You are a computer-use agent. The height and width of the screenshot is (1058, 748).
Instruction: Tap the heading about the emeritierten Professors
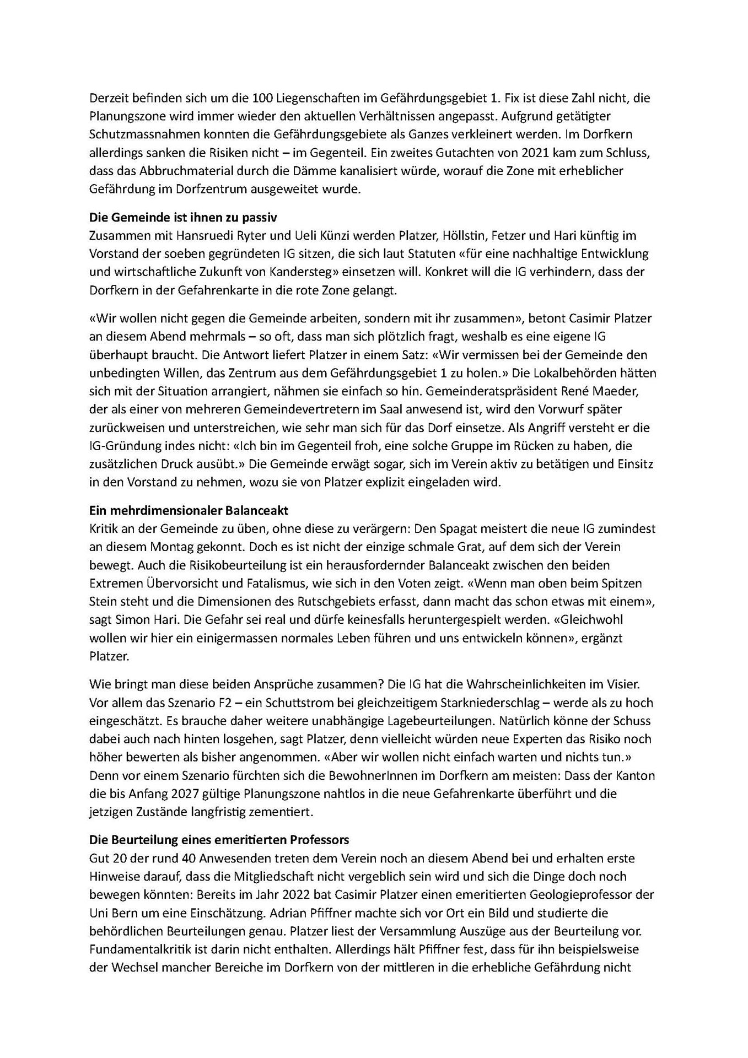[219, 840]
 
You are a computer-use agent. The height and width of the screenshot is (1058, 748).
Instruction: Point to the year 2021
[528, 153]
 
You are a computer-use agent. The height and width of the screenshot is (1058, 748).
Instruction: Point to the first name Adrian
[293, 913]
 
